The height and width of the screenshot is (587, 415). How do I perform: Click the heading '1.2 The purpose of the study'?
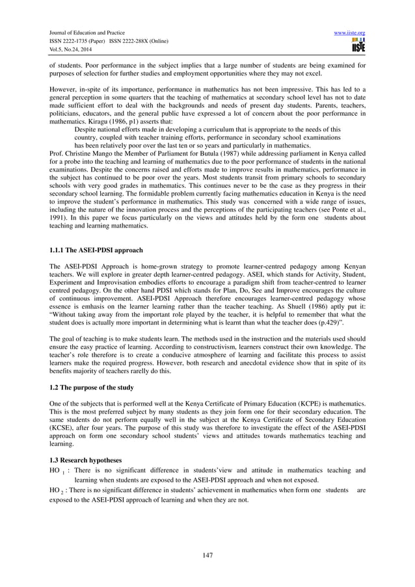point(92,388)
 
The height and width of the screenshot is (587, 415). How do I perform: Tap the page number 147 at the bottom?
point(207,554)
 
